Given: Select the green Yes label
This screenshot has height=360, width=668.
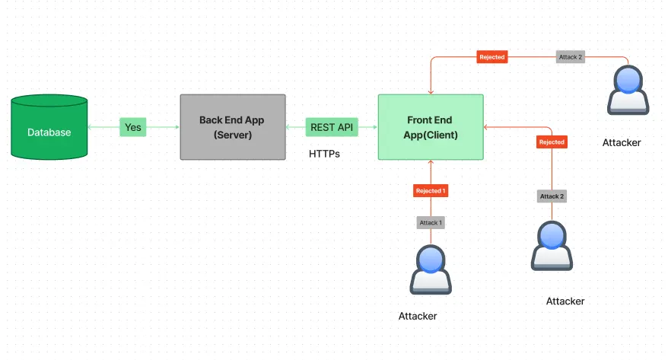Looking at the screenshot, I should (x=132, y=127).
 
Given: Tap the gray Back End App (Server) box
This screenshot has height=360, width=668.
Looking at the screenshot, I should (x=233, y=127).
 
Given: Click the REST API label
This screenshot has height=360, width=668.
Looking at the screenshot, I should (x=332, y=127).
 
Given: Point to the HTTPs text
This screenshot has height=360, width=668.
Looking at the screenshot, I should (x=324, y=154).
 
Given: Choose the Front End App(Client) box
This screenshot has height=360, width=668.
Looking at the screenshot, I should (x=431, y=127).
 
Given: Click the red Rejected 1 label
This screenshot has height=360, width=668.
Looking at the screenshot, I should (x=431, y=190).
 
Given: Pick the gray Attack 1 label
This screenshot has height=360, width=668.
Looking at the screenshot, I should (x=430, y=222).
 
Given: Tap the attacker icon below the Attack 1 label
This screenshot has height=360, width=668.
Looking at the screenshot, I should (x=431, y=269).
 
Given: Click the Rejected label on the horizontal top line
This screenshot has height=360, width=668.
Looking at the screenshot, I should (x=491, y=57).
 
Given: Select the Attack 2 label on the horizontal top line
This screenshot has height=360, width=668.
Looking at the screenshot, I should (x=571, y=57).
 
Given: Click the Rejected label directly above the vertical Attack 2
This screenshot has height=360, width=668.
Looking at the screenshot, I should (x=552, y=142).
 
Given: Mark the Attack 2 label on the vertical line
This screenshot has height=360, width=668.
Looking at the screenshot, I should (x=552, y=196).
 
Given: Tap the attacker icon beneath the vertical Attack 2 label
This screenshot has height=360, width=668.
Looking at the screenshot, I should (x=552, y=245).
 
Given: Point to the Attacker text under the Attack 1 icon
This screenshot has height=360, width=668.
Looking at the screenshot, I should (x=418, y=316).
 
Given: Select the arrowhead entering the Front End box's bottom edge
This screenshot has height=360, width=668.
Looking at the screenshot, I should (x=431, y=162).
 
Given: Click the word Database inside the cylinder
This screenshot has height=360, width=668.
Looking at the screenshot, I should (x=49, y=132).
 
